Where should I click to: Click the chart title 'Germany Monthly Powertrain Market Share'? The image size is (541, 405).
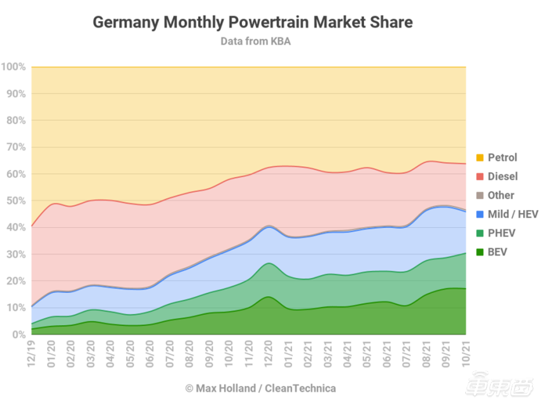(x=253, y=22)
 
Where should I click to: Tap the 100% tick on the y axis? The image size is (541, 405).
(x=13, y=67)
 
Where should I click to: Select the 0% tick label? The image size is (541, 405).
(x=18, y=334)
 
